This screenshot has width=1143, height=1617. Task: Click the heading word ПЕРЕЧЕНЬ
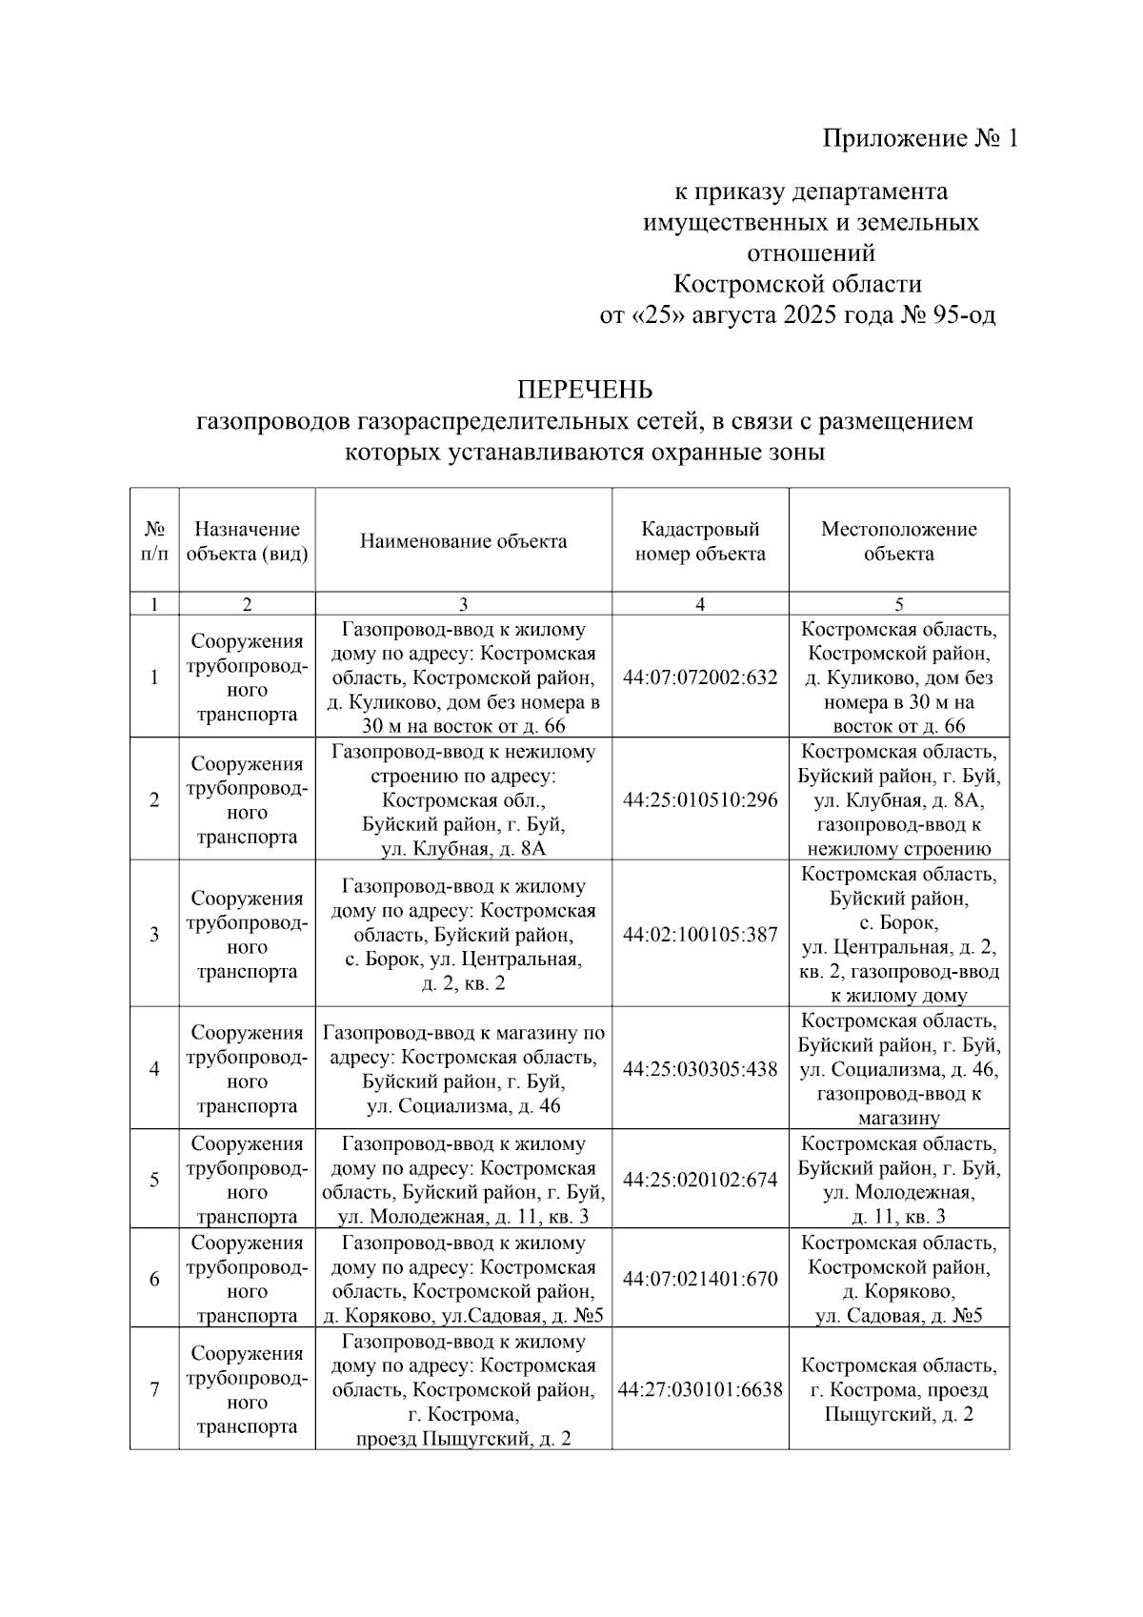click(585, 390)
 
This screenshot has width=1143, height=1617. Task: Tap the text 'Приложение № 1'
click(920, 139)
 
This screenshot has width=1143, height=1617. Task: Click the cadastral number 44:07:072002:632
click(700, 677)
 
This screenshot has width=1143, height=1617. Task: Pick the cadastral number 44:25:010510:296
click(700, 799)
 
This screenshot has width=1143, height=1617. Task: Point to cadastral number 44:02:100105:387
click(700, 935)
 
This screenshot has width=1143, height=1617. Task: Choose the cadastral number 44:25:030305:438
click(700, 1069)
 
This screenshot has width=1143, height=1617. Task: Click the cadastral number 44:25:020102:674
click(700, 1180)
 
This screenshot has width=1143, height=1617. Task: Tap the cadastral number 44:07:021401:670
click(700, 1279)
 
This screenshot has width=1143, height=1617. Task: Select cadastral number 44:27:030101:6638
click(700, 1389)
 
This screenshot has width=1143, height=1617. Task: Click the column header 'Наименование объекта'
click(463, 541)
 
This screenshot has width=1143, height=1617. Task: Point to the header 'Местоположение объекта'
click(898, 541)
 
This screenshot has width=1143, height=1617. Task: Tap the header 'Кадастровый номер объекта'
click(700, 541)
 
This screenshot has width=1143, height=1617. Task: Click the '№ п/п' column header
click(154, 541)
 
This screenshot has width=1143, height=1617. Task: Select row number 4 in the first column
click(154, 1069)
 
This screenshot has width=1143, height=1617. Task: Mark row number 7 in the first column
click(154, 1389)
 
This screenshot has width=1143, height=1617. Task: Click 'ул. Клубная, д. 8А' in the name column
click(463, 849)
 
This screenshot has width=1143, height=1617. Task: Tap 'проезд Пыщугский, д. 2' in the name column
click(463, 1439)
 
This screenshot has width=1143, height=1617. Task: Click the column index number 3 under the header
click(463, 604)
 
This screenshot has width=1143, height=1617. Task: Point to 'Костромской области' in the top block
click(797, 284)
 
